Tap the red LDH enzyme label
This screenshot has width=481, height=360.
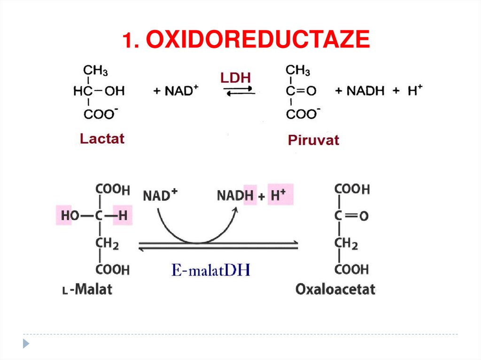click(236, 78)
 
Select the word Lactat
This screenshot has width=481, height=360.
click(102, 139)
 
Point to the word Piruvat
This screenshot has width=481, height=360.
click(313, 140)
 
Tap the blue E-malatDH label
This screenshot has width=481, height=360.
click(211, 270)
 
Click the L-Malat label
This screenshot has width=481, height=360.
click(87, 289)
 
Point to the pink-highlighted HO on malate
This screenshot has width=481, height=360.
click(64, 216)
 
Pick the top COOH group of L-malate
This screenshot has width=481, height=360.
click(112, 189)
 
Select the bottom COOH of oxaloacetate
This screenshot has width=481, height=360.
click(352, 269)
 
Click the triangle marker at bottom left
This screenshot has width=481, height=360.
click(26, 343)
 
